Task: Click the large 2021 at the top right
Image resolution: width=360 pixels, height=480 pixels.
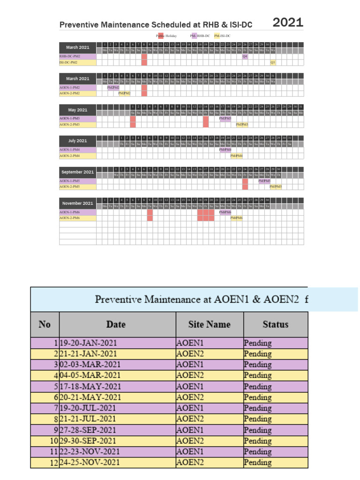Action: point(288,22)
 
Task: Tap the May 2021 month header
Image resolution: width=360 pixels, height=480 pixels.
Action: point(78,110)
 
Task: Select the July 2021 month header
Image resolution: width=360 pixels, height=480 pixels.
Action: point(78,141)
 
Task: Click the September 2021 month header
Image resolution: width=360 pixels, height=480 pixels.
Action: point(78,172)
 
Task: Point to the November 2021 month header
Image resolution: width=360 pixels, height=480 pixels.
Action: point(78,203)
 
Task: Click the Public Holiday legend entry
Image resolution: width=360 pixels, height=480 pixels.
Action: point(166,36)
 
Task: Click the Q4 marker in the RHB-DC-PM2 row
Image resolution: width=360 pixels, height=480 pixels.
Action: point(245,56)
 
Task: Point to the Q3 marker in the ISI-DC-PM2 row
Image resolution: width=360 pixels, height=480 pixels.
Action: point(273,62)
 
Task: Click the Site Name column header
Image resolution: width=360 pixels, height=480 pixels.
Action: point(210,324)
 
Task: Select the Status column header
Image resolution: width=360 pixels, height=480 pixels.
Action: point(275,324)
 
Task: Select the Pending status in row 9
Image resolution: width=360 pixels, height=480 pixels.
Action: point(257,430)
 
